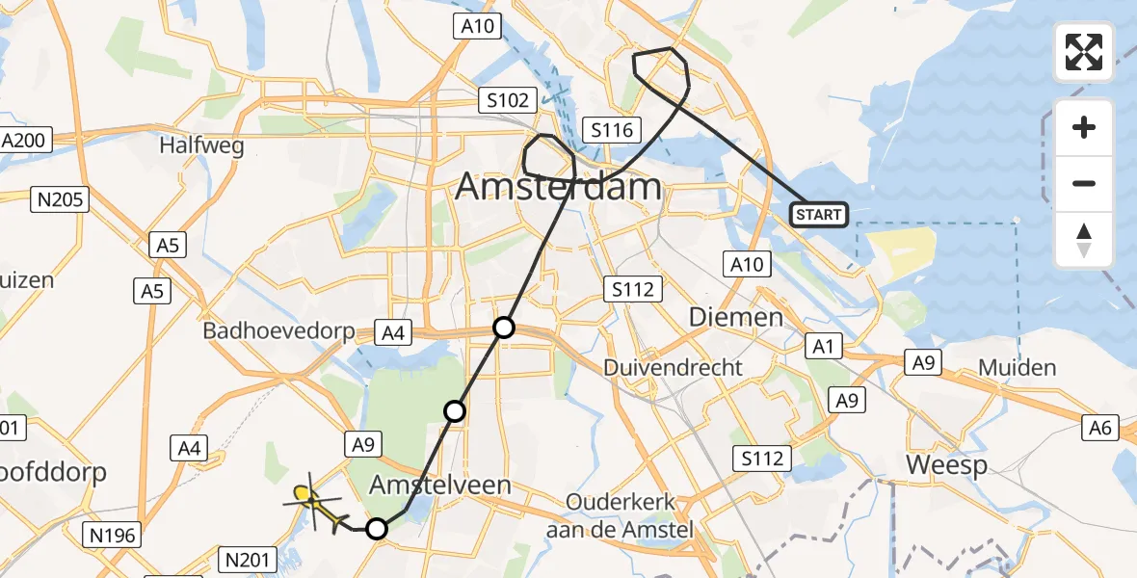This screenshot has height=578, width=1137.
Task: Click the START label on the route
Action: (x=818, y=215)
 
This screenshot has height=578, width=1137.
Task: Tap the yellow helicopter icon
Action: (x=315, y=504)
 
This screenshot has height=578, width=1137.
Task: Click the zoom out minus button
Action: (x=1084, y=183)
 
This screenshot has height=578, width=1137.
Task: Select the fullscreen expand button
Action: (x=1084, y=51)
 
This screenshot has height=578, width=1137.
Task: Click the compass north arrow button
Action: (x=1084, y=240)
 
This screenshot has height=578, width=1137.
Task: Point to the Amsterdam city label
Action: (x=559, y=186)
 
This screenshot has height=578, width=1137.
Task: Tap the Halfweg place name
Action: (x=202, y=146)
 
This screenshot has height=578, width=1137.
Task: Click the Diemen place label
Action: (x=737, y=318)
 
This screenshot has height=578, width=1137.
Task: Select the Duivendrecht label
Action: (x=674, y=367)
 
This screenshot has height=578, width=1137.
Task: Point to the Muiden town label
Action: (x=1018, y=367)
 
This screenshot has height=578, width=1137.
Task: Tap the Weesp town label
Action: (x=947, y=466)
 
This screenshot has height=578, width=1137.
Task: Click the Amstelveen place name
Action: (x=442, y=485)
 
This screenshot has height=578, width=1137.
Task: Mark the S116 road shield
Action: (x=613, y=130)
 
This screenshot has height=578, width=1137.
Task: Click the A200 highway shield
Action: (x=22, y=141)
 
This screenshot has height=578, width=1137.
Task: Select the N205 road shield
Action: (x=60, y=200)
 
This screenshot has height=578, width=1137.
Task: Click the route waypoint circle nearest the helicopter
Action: (x=377, y=529)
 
